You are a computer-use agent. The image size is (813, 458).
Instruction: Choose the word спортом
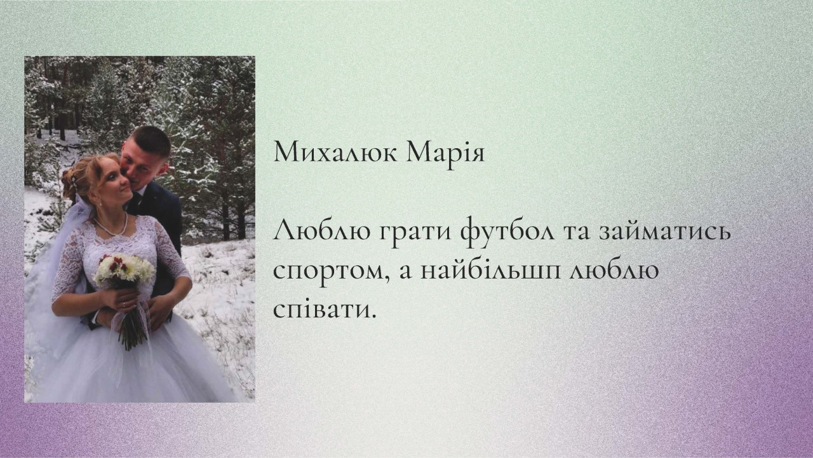coord(332,272)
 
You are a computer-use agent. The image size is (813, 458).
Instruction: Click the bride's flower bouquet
coord(124,268)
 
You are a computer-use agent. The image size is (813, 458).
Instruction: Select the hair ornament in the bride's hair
coord(74,181)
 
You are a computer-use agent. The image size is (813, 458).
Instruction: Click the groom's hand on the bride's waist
coord(159,312)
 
